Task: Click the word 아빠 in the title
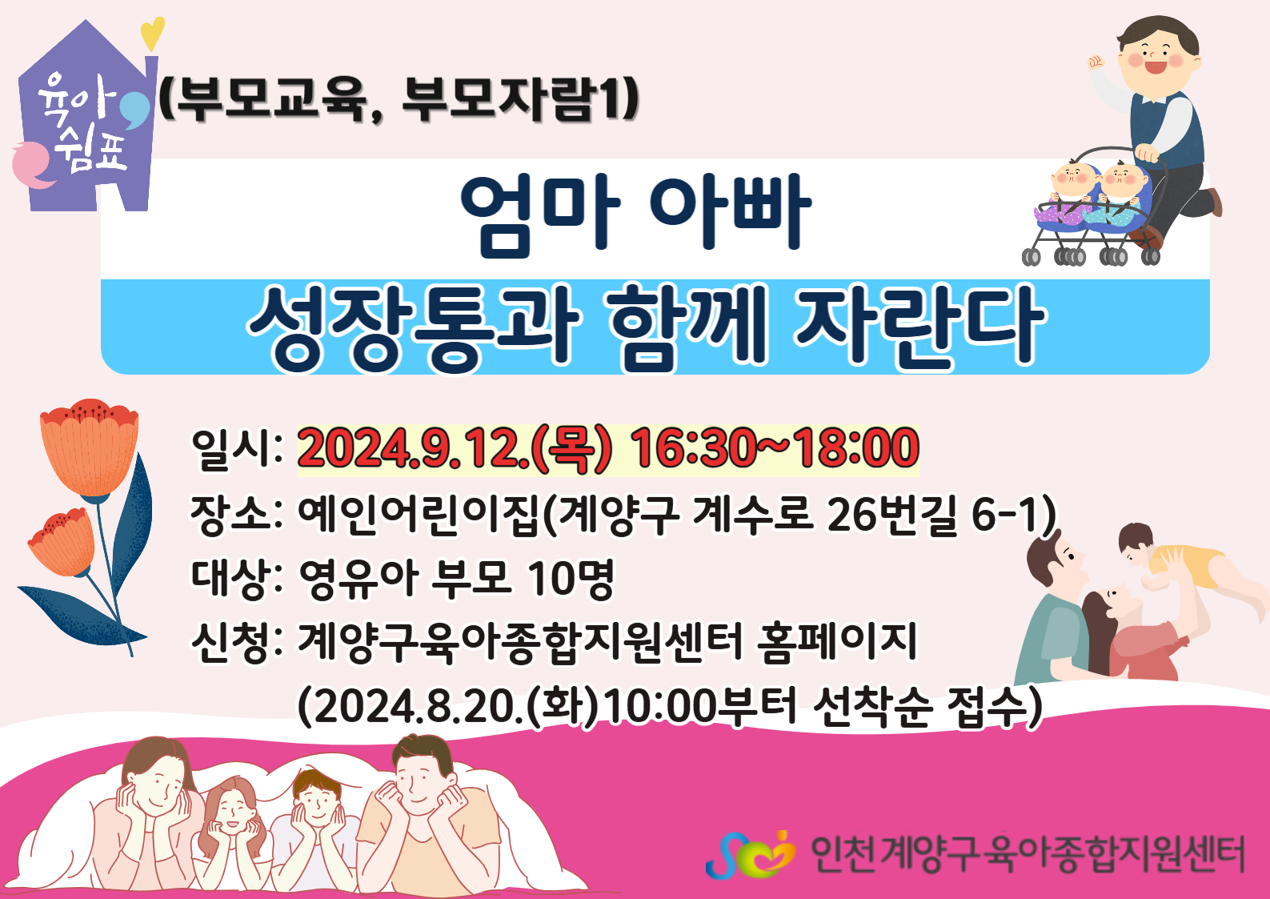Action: pos(731,213)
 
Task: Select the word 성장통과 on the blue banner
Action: pos(415,329)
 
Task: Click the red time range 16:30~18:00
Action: pos(775,448)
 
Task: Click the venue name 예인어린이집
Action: pos(418,515)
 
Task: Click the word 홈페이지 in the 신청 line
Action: pos(837,643)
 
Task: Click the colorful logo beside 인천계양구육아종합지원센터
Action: pos(751,854)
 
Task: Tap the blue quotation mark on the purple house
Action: pos(135,108)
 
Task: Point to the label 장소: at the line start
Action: pos(237,515)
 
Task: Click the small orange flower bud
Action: pos(62,543)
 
